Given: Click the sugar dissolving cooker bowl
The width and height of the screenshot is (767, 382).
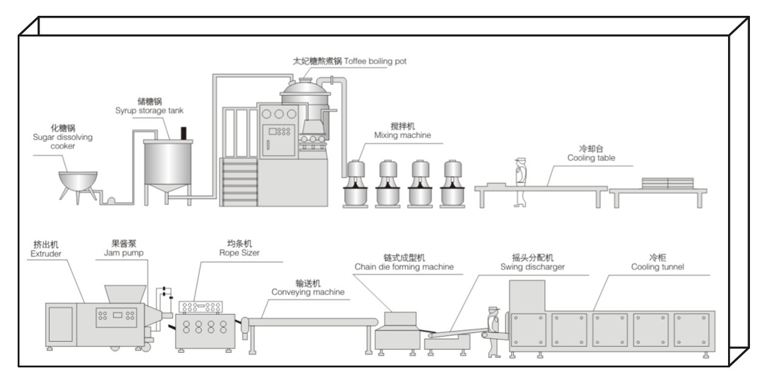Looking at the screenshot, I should (x=78, y=181).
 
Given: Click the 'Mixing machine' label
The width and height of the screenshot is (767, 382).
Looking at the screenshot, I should (x=402, y=135).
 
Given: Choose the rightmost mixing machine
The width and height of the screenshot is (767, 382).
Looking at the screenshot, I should (x=454, y=184).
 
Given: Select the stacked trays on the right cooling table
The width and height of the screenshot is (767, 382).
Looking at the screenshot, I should (x=668, y=183).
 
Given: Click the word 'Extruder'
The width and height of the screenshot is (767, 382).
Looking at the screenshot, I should (x=46, y=253).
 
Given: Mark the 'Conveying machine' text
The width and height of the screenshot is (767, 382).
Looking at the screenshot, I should (x=308, y=292).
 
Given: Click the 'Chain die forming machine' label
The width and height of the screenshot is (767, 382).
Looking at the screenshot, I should (x=404, y=266).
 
